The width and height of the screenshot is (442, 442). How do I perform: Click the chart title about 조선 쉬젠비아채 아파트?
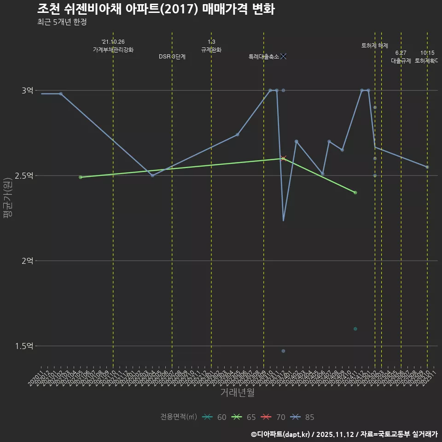[x=156, y=9]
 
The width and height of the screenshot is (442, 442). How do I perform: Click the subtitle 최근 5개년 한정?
[x=62, y=22]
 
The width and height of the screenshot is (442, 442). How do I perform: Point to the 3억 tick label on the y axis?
[x=27, y=91]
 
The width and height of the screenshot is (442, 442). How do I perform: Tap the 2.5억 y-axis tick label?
[x=24, y=176]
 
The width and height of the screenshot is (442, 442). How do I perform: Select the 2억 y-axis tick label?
[x=27, y=261]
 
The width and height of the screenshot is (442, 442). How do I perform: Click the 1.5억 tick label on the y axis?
[x=24, y=346]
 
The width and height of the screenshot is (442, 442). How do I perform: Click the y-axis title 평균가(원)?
[x=8, y=195]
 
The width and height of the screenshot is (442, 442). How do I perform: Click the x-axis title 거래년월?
[x=237, y=393]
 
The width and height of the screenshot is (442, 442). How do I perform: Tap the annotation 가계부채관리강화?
[x=113, y=50]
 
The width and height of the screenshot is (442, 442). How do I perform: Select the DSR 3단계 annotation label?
[x=172, y=57]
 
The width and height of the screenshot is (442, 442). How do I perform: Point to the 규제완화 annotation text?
[x=211, y=50]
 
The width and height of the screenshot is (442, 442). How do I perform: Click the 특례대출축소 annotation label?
[x=264, y=57]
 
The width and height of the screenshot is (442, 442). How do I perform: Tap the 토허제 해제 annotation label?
[x=375, y=46]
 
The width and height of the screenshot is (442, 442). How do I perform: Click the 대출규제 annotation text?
[x=401, y=61]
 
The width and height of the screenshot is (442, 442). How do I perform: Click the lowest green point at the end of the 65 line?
[x=355, y=192]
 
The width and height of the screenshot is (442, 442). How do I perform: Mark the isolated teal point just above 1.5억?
[x=355, y=329]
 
